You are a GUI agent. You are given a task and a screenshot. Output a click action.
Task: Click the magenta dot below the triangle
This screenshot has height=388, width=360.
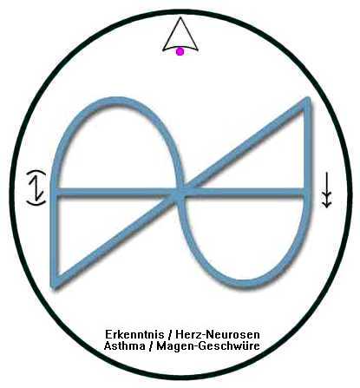tap(180, 52)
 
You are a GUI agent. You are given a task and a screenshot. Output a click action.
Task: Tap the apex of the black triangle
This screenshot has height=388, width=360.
tap(180, 17)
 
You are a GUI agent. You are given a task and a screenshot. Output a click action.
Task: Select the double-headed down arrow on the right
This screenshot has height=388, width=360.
tap(326, 190)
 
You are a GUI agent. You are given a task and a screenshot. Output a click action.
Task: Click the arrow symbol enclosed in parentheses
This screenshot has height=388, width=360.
tap(37, 188)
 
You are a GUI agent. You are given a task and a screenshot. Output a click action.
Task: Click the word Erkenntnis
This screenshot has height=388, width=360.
tap(134, 335)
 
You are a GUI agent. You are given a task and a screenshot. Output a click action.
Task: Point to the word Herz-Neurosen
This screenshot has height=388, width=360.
tap(218, 335)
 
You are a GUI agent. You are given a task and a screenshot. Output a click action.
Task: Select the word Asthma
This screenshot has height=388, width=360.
tap(124, 345)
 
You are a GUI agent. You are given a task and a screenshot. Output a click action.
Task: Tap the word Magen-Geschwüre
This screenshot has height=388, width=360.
tap(208, 346)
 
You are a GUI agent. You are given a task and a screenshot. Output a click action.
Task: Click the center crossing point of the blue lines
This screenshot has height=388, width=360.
tap(180, 192)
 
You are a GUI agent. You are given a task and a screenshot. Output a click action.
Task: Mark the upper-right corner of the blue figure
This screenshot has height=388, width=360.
tap(308, 100)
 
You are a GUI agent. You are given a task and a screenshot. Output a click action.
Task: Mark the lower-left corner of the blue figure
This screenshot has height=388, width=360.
tap(53, 285)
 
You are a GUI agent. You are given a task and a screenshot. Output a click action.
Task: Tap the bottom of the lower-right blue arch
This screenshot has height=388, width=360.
tap(246, 284)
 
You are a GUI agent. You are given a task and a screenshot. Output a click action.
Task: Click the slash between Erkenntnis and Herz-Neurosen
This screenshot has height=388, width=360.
tap(170, 335)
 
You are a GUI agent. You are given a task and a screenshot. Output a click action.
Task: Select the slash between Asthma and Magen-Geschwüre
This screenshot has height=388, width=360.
tap(151, 346)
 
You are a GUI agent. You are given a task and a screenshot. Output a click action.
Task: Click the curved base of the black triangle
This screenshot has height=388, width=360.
tap(180, 48)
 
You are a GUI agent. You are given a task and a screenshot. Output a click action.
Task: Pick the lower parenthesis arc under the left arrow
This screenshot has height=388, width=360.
tap(36, 203)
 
